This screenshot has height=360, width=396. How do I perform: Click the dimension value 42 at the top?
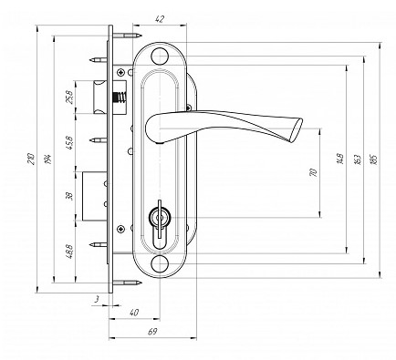click(160, 19)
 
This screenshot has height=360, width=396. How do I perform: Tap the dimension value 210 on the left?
click(30, 159)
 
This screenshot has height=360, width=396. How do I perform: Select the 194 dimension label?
click(48, 159)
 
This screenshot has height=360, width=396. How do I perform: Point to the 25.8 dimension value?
click(69, 98)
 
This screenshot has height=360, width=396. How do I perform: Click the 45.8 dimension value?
click(69, 143)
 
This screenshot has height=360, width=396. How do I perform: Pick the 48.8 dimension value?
click(69, 252)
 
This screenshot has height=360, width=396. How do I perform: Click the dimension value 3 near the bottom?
click(97, 300)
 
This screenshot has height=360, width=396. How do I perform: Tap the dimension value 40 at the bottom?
click(134, 313)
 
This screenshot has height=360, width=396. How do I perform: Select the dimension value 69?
click(152, 332)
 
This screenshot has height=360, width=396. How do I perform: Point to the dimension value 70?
click(313, 172)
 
